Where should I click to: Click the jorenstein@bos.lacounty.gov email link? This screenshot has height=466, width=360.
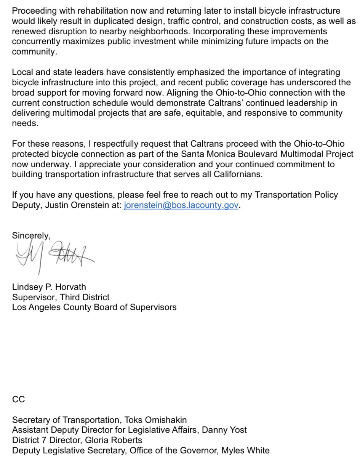181,205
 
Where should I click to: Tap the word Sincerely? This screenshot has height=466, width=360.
31,235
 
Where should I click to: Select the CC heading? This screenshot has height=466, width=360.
18,399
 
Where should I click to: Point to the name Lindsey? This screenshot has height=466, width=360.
27,287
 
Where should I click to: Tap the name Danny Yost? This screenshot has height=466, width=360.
224,430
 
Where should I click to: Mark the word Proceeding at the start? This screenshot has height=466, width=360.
33,11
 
